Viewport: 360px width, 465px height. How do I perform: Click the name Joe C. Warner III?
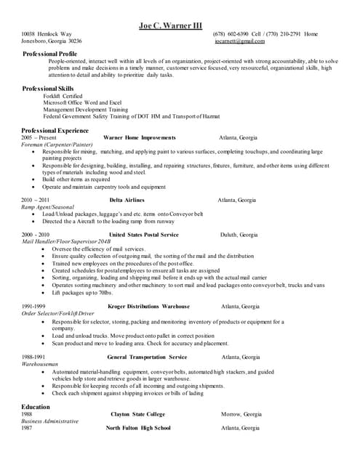click(x=171, y=26)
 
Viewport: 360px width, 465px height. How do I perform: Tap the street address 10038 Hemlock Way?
click(x=47, y=34)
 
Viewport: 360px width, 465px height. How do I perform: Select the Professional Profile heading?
click(x=50, y=54)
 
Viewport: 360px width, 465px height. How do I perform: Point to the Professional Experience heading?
click(x=55, y=129)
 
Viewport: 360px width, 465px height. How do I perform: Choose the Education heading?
click(x=36, y=407)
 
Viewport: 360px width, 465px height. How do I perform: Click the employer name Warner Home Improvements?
click(x=140, y=137)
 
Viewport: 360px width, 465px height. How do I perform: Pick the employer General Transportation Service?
click(x=147, y=357)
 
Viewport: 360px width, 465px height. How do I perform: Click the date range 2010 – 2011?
click(x=36, y=199)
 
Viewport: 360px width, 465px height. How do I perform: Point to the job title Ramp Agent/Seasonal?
click(x=48, y=207)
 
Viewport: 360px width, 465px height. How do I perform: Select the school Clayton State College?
click(x=138, y=414)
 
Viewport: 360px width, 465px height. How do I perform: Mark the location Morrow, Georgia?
click(x=241, y=414)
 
